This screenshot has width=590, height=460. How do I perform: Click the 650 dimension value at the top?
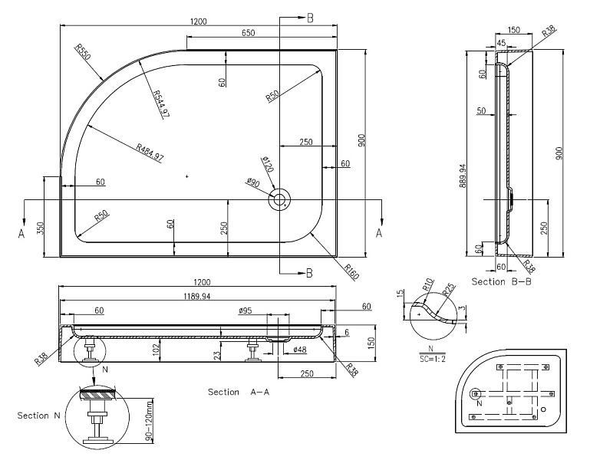pyautogui.click(x=249, y=33)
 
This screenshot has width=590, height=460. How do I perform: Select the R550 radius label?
pyautogui.click(x=82, y=52)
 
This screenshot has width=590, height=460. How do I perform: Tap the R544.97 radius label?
pyautogui.click(x=160, y=104)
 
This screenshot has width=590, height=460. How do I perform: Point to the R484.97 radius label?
pyautogui.click(x=150, y=153)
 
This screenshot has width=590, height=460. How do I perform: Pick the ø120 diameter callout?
pyautogui.click(x=266, y=164)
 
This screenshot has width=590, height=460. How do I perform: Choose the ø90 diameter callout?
pyautogui.click(x=253, y=182)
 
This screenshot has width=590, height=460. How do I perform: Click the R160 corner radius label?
pyautogui.click(x=351, y=271)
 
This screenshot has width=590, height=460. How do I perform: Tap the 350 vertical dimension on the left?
pyautogui.click(x=40, y=228)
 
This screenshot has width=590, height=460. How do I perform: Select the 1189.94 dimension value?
pyautogui.click(x=197, y=297)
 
